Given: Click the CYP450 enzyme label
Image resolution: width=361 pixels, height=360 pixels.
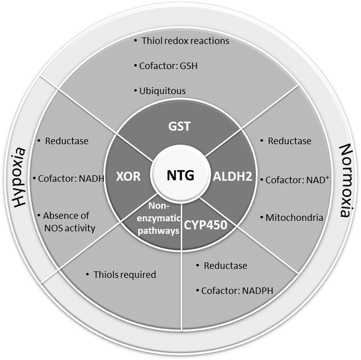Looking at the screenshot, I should pos(206,225).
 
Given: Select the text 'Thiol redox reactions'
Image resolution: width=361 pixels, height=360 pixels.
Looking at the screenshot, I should pos(185,40).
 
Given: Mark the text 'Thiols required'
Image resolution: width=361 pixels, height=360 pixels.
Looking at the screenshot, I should pos(125,274).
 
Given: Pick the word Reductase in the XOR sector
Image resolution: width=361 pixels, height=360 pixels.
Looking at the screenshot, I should pos(67,141).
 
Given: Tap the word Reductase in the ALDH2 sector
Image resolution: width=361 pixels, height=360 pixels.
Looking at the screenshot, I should pos(289,141).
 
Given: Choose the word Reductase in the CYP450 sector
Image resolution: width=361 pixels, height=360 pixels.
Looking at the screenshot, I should pos(225,266).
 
